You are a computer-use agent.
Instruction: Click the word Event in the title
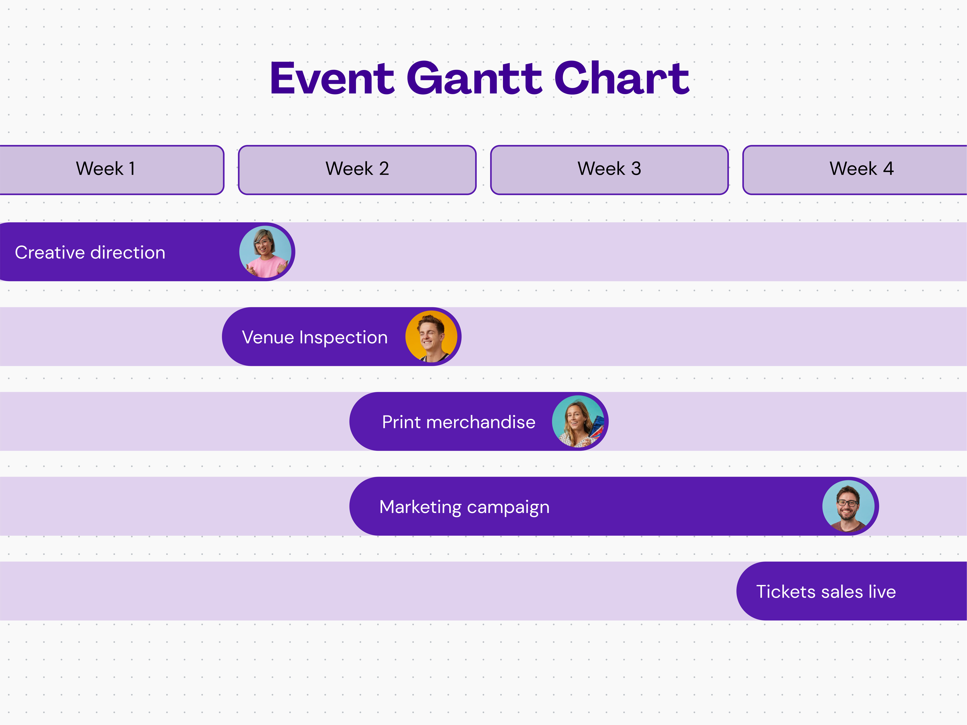(x=332, y=79)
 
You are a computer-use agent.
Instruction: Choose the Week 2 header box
(x=357, y=170)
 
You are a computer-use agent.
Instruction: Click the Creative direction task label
(x=90, y=253)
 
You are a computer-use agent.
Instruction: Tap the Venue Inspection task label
(x=315, y=337)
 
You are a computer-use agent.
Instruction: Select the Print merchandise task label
(x=459, y=422)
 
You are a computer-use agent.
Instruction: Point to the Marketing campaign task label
(x=464, y=507)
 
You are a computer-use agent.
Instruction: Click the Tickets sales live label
(x=826, y=592)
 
